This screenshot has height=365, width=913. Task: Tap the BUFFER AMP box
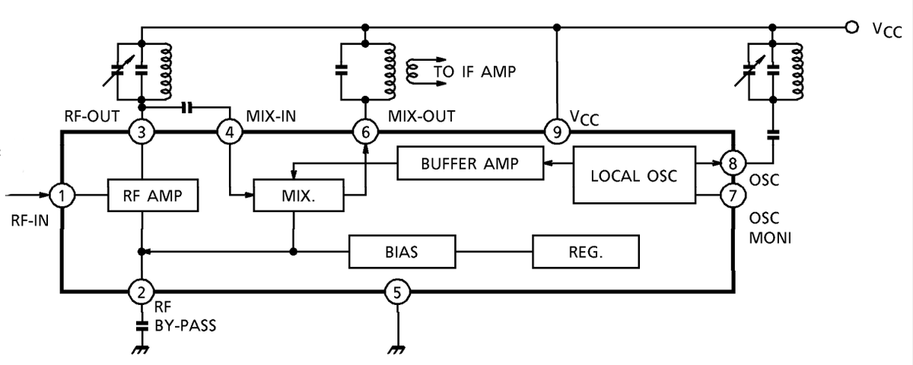tap(469, 163)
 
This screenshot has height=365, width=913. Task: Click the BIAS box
tap(401, 252)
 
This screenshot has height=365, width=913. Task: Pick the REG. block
tap(585, 252)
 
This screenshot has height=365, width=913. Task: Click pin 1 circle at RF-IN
tap(62, 196)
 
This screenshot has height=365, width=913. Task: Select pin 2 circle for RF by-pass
tap(141, 290)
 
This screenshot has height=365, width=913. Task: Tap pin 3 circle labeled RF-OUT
tap(141, 132)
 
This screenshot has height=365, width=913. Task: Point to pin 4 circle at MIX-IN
tap(229, 132)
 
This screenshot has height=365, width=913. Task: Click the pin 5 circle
tap(396, 290)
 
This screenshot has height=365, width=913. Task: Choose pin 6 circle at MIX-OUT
tap(365, 132)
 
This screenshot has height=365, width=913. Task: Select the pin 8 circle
tap(733, 163)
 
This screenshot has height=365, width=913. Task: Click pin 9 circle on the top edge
tap(557, 132)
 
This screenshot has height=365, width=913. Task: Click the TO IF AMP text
tap(474, 72)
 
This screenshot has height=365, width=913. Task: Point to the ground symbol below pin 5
tap(396, 349)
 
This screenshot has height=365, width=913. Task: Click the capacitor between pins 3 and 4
tap(187, 107)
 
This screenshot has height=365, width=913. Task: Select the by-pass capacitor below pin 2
tap(141, 325)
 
